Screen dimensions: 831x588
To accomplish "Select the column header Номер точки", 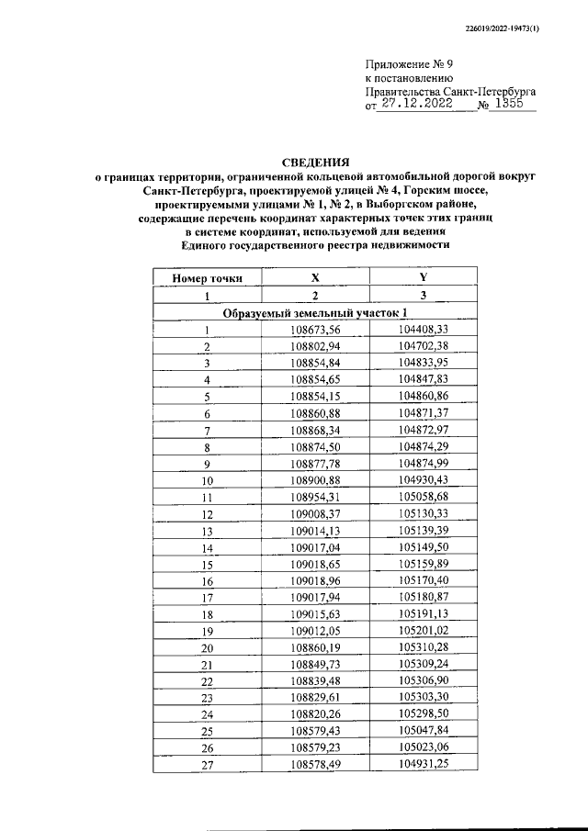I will click(x=208, y=276).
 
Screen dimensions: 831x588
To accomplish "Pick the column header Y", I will click(x=424, y=276).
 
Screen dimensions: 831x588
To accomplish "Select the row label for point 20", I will click(x=208, y=648).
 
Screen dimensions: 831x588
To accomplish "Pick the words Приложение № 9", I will click(x=410, y=64).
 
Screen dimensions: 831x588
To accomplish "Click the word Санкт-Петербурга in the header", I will click(x=486, y=92).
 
